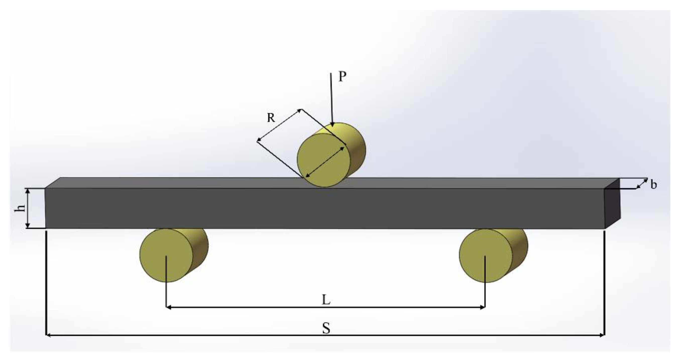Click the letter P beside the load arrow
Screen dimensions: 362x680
342,77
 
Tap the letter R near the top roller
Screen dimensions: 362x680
271,118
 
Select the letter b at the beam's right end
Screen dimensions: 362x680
654,185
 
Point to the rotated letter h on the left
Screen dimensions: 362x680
20,208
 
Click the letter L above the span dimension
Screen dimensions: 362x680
326,300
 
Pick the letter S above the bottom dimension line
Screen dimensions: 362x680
326,328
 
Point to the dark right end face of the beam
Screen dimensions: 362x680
612,206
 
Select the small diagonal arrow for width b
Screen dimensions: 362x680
642,183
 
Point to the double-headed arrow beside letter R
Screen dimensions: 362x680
279,125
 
